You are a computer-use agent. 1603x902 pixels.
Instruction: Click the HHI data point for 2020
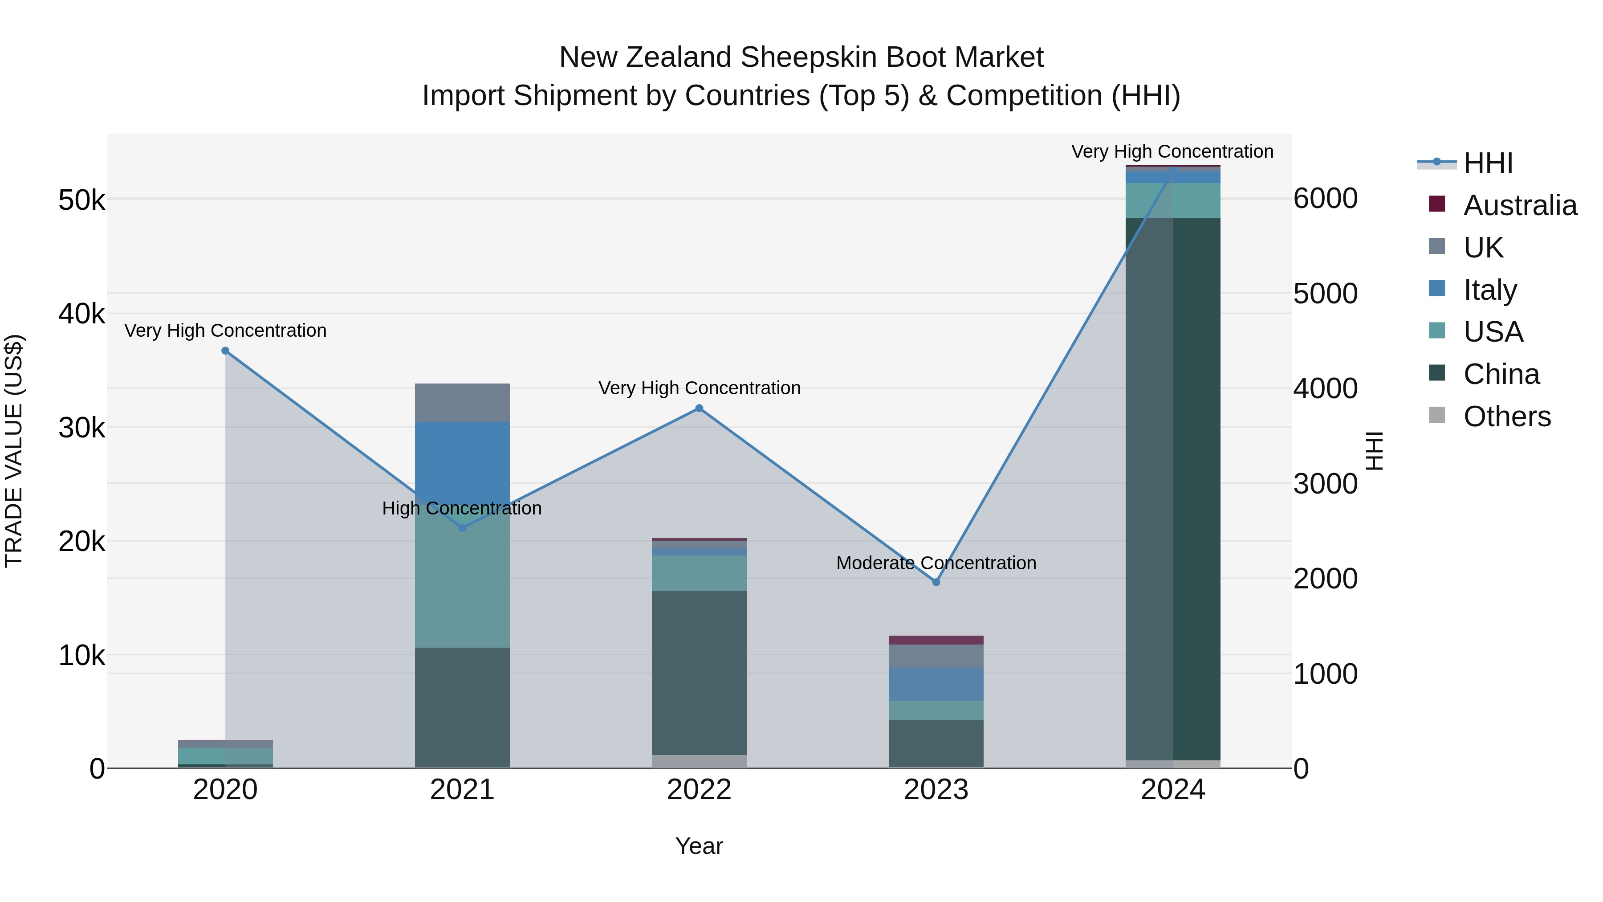(x=225, y=351)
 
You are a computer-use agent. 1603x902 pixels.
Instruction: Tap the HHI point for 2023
(x=936, y=582)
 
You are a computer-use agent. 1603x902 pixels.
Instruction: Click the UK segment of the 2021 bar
(x=462, y=402)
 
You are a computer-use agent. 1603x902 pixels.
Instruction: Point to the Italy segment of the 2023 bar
(x=936, y=684)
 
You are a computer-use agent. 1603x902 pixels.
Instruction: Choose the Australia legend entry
(x=1520, y=205)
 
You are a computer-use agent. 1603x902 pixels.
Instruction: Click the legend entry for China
(x=1501, y=374)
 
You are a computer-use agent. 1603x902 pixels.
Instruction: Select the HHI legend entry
(x=1488, y=163)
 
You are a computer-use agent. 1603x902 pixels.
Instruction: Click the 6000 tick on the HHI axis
(x=1325, y=199)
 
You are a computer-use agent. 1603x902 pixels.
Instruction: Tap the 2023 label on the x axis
(x=936, y=790)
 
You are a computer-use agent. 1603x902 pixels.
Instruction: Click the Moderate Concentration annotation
(x=936, y=563)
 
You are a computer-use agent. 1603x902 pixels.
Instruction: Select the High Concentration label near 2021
(x=462, y=508)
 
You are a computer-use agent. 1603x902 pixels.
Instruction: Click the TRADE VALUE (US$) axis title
(x=14, y=451)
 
